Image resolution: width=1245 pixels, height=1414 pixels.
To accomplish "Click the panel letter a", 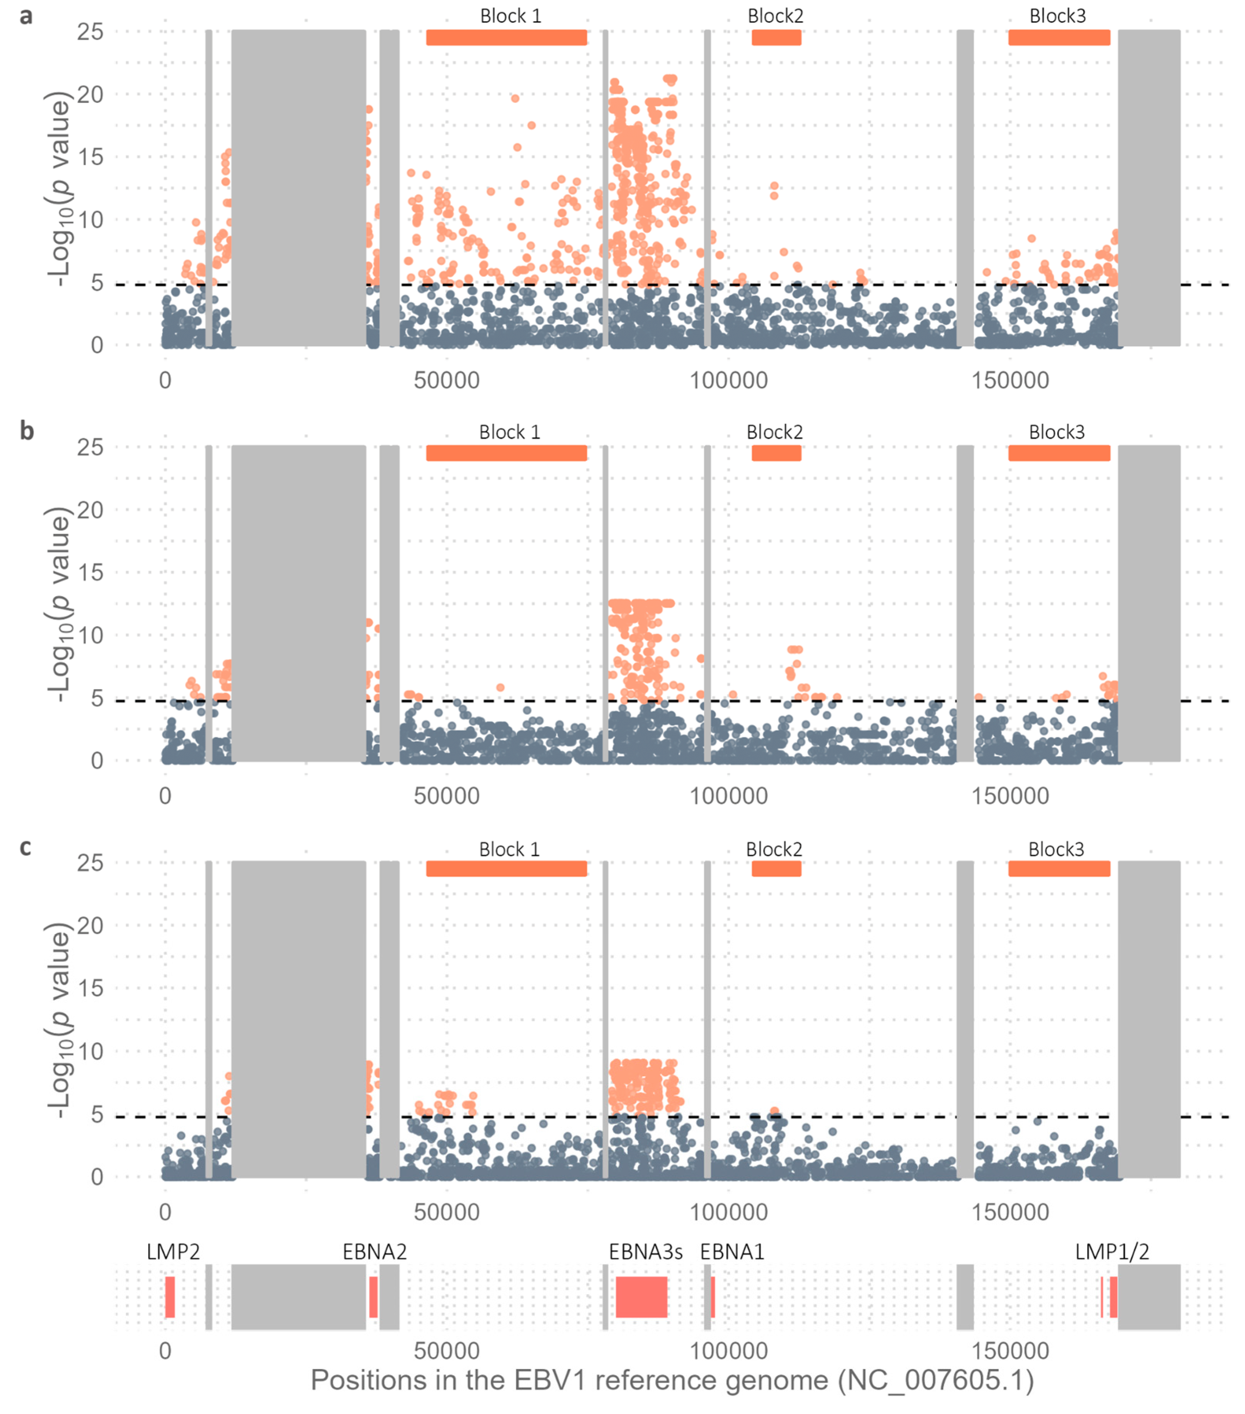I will pyautogui.click(x=26, y=15).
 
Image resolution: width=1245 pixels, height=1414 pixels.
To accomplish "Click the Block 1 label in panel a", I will pyautogui.click(x=511, y=16).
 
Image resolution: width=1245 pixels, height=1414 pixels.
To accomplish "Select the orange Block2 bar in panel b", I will pyautogui.click(x=776, y=453).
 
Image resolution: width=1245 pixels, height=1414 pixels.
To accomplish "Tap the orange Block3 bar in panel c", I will pyautogui.click(x=1058, y=869).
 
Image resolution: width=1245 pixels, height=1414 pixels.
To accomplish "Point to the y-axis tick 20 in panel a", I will pyautogui.click(x=90, y=94).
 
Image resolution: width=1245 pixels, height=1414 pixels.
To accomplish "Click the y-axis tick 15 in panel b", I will pyautogui.click(x=90, y=573).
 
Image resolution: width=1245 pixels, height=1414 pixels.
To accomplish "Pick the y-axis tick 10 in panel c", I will pyautogui.click(x=90, y=1051).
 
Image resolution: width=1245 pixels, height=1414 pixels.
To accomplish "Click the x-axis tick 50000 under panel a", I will pyautogui.click(x=446, y=381).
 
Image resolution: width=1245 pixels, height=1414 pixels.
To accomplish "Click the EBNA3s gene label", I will pyautogui.click(x=645, y=1252).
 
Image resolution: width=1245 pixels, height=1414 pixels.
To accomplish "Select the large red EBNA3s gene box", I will pyautogui.click(x=641, y=1297).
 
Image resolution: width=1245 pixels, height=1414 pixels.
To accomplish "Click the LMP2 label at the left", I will pyautogui.click(x=173, y=1252).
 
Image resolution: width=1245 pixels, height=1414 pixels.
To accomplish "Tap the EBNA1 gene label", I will pyautogui.click(x=732, y=1252).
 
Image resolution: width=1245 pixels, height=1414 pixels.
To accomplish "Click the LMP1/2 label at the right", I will pyautogui.click(x=1111, y=1252).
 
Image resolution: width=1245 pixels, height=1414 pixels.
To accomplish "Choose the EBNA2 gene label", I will pyautogui.click(x=374, y=1252).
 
